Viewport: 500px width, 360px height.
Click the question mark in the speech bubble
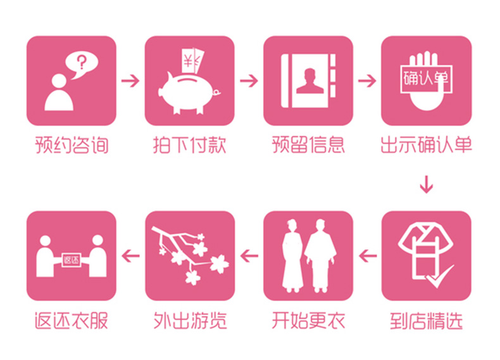[x=82, y=63]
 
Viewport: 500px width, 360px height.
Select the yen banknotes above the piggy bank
[x=192, y=61]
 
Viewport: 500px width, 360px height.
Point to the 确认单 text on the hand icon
[x=426, y=78]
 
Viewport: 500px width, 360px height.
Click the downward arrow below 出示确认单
[x=427, y=184]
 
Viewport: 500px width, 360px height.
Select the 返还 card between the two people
[x=71, y=260]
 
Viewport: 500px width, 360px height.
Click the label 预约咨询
[x=72, y=145]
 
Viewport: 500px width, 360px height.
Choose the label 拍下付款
[x=189, y=145]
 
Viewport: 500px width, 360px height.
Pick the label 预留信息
[x=308, y=145]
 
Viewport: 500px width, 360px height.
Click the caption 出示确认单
[x=426, y=145]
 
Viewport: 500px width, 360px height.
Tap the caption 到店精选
[x=426, y=321]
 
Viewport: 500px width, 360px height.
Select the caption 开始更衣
[x=308, y=321]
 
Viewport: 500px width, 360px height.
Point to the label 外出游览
[x=190, y=321]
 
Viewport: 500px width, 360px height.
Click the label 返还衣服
[x=72, y=321]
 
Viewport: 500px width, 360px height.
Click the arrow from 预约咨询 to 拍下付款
[x=130, y=81]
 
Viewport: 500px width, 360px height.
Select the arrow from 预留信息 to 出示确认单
[x=367, y=81]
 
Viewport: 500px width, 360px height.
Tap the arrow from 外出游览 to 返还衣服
[x=130, y=256]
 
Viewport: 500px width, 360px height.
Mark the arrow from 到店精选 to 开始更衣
[x=368, y=256]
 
